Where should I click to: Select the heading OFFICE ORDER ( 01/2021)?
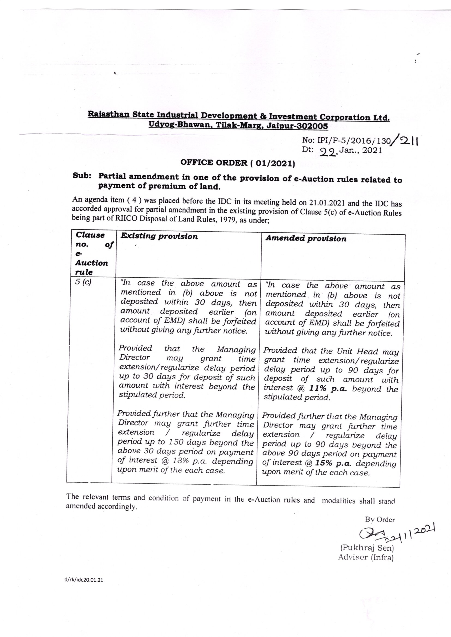click(237, 163)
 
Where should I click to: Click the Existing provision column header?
click(159, 236)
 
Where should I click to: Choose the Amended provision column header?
click(306, 239)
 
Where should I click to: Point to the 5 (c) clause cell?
click(83, 282)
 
